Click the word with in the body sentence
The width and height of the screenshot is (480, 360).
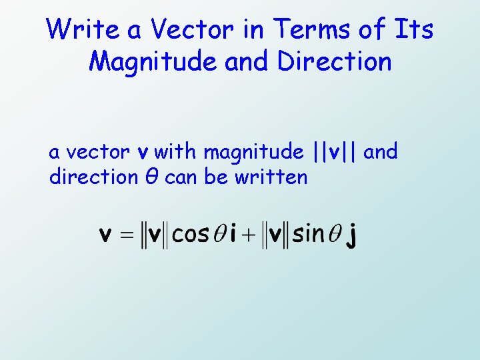[x=176, y=152]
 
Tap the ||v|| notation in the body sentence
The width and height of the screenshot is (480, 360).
[x=336, y=152]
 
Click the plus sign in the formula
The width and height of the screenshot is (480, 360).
[x=249, y=235]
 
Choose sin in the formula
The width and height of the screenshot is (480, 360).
[x=307, y=235]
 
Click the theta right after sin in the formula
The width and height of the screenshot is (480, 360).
[x=335, y=235]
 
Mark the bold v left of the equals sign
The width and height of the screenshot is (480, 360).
[x=105, y=235]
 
